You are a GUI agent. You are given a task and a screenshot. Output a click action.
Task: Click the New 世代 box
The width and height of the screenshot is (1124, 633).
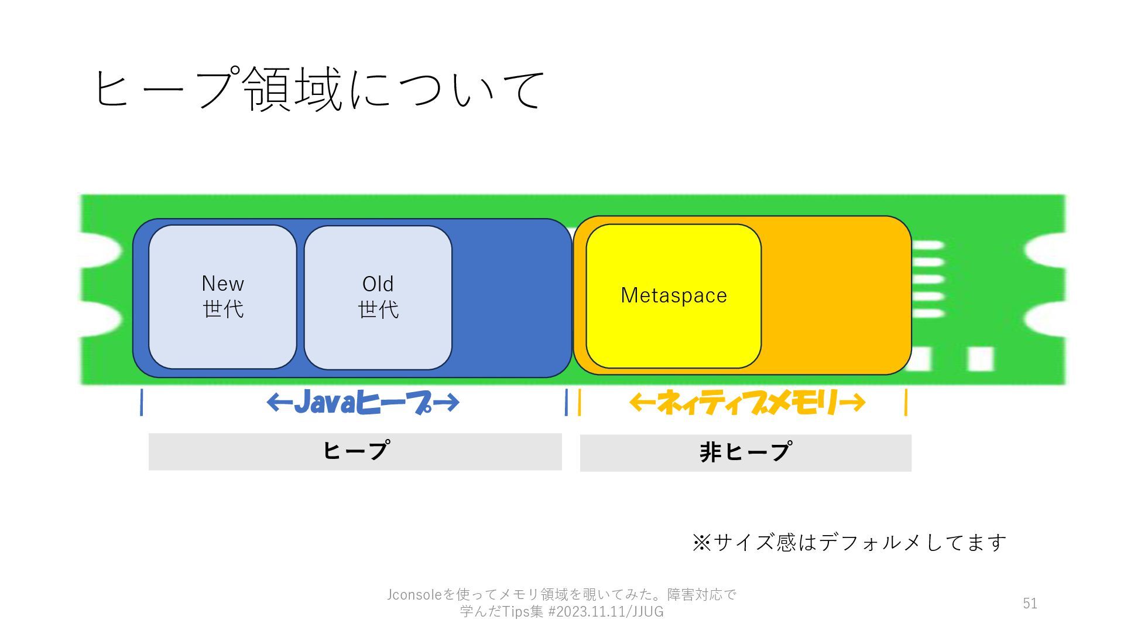(222, 297)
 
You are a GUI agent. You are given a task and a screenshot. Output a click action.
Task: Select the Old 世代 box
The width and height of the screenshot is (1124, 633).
(378, 297)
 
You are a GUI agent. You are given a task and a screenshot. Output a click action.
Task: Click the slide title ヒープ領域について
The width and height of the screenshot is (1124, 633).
(319, 89)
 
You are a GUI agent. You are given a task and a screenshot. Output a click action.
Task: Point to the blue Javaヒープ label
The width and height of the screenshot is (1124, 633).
(363, 403)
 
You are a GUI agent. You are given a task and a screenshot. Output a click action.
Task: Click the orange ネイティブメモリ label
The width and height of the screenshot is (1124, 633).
(747, 403)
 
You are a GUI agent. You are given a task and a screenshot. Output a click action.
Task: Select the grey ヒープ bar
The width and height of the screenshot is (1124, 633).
(355, 451)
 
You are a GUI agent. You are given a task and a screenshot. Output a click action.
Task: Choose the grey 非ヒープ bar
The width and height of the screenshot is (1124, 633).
(745, 452)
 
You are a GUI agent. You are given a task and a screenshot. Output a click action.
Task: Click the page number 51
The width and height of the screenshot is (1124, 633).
(1030, 603)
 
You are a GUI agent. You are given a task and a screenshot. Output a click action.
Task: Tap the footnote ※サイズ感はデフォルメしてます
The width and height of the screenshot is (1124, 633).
(849, 542)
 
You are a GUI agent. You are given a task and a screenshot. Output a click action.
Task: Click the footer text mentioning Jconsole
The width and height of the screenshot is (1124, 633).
(561, 603)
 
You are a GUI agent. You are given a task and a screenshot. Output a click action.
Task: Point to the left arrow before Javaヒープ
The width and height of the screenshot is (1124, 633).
(279, 402)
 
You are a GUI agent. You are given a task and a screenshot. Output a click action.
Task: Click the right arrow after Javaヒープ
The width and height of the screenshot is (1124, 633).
(446, 403)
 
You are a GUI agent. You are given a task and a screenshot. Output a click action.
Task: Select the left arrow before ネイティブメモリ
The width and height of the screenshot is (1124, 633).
(642, 402)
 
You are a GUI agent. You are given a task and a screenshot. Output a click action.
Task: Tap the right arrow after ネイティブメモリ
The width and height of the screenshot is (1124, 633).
(852, 403)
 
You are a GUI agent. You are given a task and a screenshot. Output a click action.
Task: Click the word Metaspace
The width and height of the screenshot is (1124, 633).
(673, 295)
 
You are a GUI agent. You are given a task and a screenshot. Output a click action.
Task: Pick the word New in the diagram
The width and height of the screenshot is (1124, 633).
(222, 284)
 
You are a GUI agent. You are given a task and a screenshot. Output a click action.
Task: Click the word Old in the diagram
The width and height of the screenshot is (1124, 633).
(378, 284)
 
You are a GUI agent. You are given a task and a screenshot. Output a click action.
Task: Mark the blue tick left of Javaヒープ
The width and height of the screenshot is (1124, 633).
(142, 403)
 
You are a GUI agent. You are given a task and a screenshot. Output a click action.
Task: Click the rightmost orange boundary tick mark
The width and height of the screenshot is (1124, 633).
(906, 403)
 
